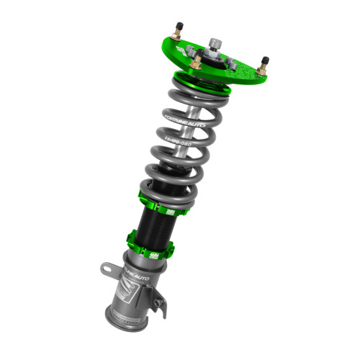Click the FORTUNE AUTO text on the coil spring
185,118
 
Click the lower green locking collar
150,243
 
